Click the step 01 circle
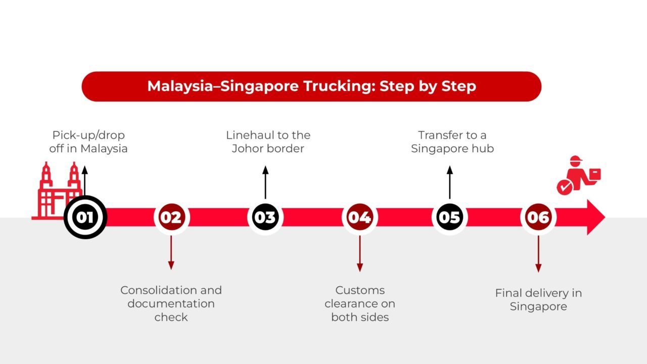(85, 217)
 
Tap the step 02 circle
(171, 217)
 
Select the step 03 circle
(265, 217)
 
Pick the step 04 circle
(359, 217)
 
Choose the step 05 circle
(449, 217)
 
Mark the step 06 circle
(538, 217)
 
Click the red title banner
(311, 86)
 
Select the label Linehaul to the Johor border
(268, 142)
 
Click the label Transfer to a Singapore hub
(452, 142)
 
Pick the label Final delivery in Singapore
(538, 300)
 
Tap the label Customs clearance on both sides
(359, 304)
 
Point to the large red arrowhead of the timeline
(594, 217)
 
